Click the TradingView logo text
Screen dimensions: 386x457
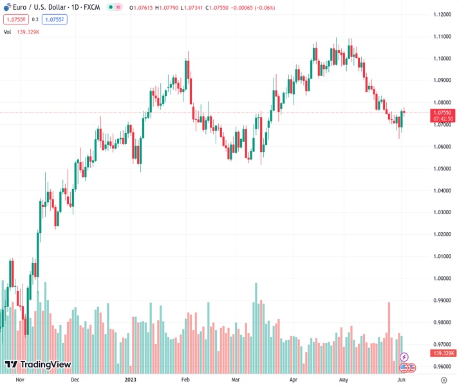click(45, 365)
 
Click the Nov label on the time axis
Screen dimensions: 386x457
click(19, 380)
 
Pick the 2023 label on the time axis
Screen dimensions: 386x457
click(131, 380)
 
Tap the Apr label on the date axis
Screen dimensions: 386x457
click(294, 380)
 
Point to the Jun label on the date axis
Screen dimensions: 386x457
click(400, 380)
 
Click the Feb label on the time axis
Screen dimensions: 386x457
click(186, 380)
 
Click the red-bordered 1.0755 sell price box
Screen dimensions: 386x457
click(15, 19)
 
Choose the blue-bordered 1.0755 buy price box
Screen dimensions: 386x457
click(54, 19)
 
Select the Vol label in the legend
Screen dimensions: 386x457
click(8, 32)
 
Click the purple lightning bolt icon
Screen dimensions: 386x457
click(404, 357)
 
